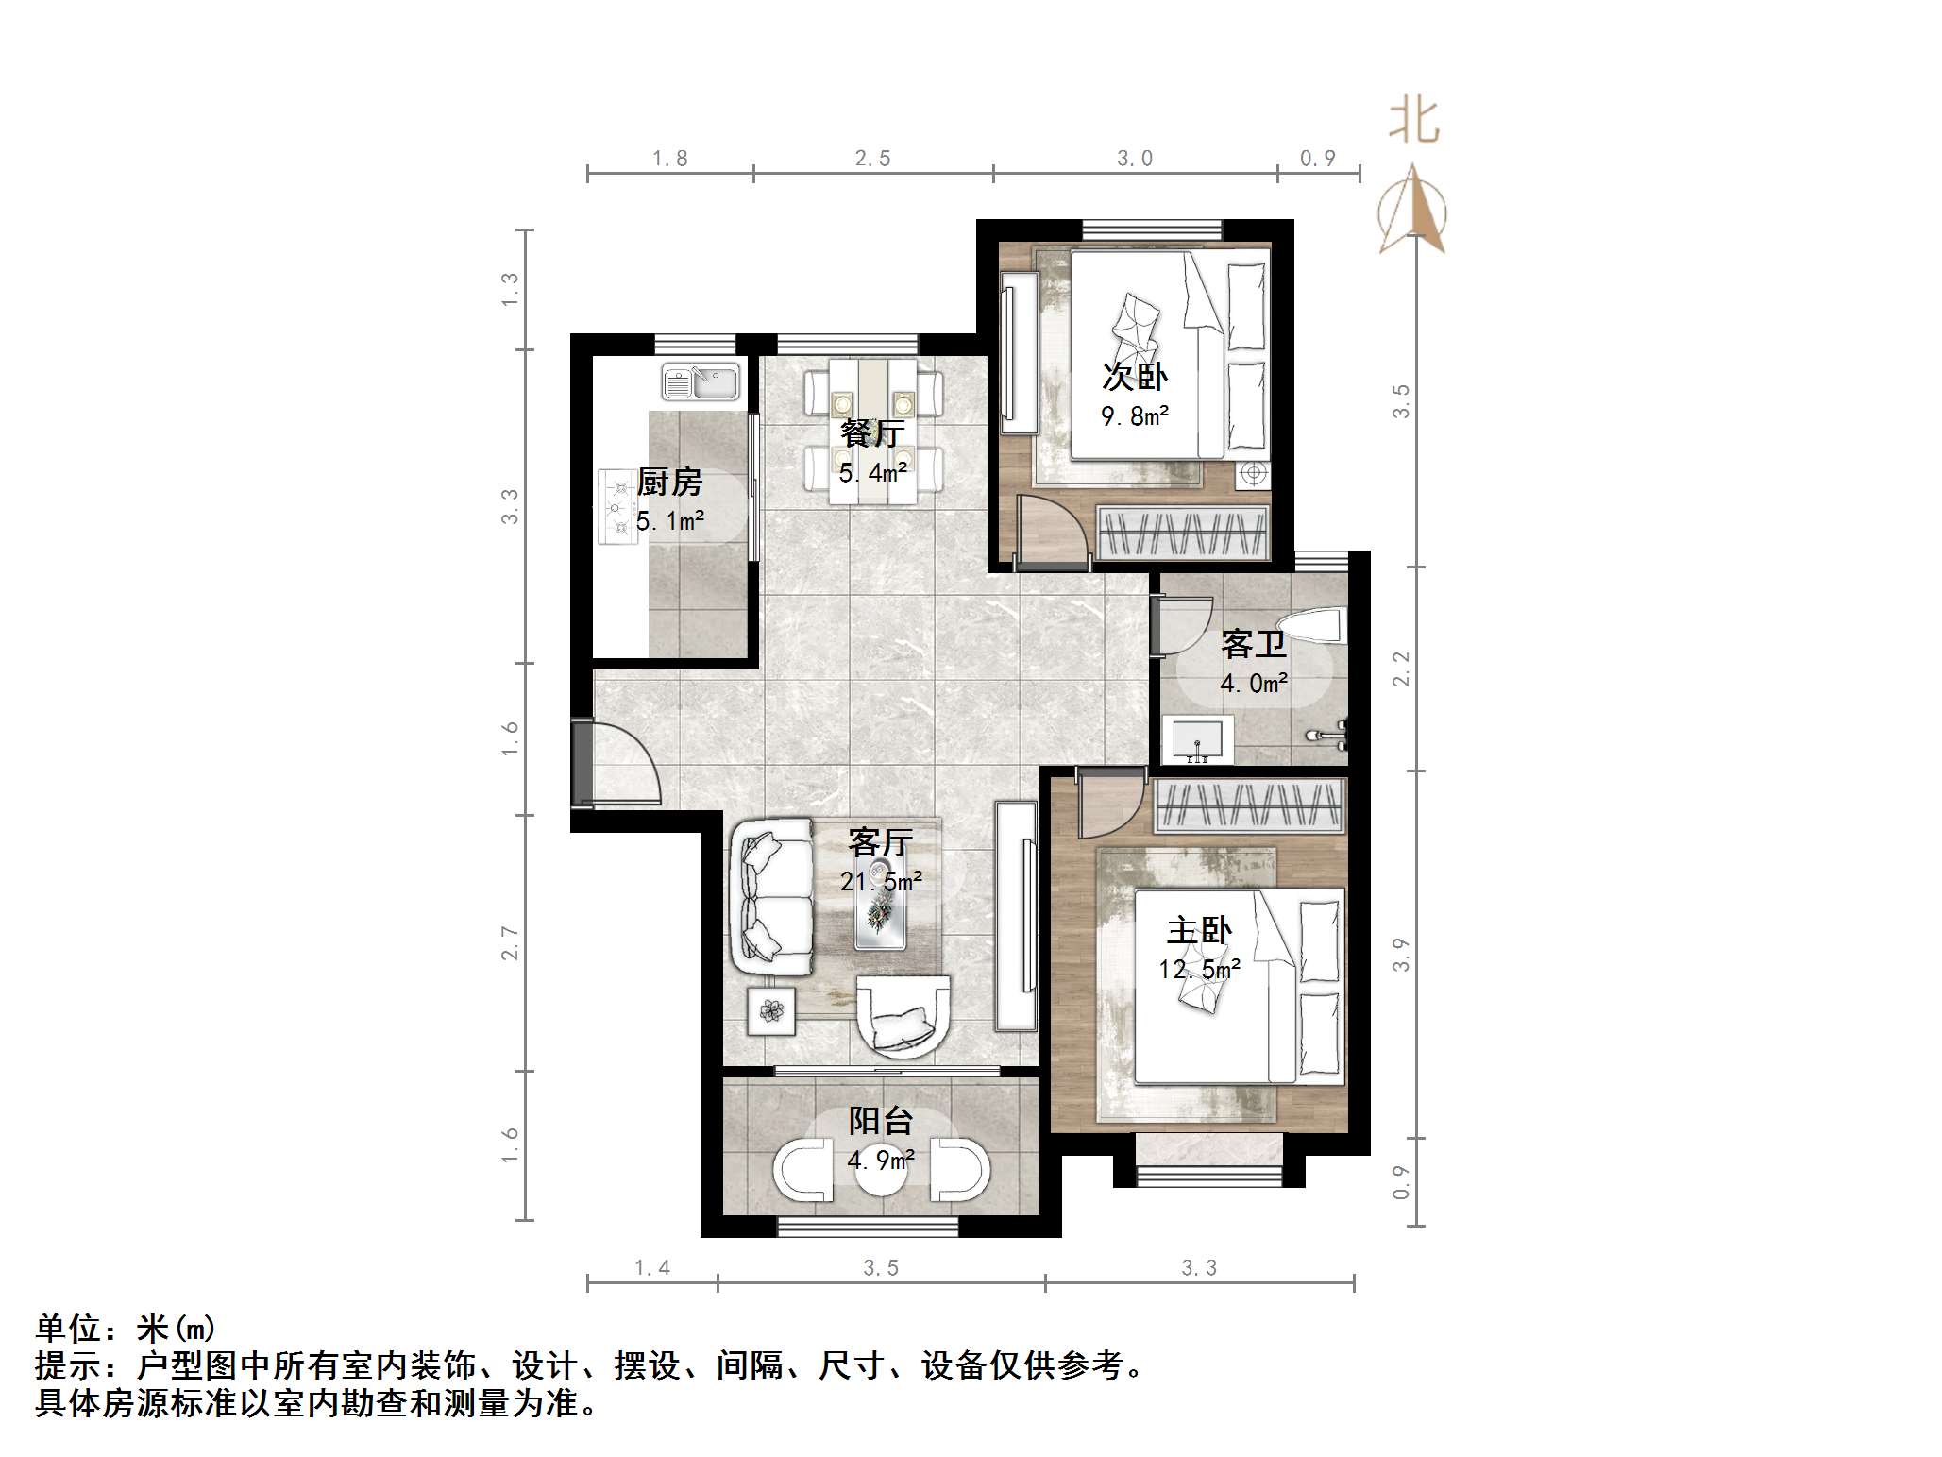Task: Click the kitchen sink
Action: pyautogui.click(x=701, y=382)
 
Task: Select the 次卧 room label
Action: pyautogui.click(x=1134, y=377)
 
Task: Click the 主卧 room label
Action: pyautogui.click(x=1198, y=931)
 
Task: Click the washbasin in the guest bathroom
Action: pyautogui.click(x=1197, y=739)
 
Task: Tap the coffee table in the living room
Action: pyautogui.click(x=880, y=901)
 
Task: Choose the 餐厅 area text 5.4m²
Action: pyautogui.click(x=873, y=472)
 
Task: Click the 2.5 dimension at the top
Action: pyautogui.click(x=872, y=159)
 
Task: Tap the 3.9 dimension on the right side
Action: pyautogui.click(x=1401, y=954)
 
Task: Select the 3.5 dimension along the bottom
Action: pyautogui.click(x=880, y=1268)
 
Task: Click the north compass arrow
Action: pyautogui.click(x=1412, y=210)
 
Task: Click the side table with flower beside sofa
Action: pyautogui.click(x=771, y=1011)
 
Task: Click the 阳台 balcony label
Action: pyautogui.click(x=880, y=1121)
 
